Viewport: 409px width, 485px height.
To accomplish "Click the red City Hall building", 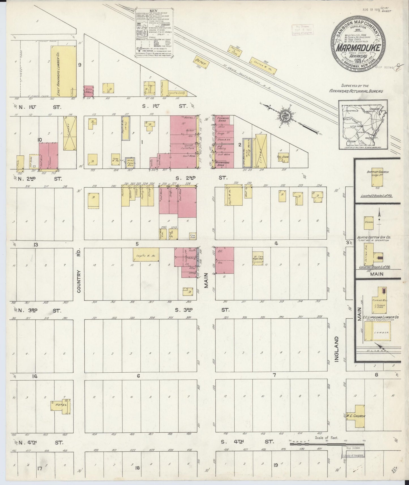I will pyautogui.click(x=89, y=91).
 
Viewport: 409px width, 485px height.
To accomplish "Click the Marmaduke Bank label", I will pyautogui.click(x=223, y=164).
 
